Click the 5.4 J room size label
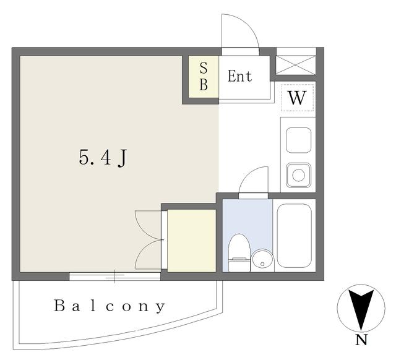coord(103,158)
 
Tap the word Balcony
coord(110,306)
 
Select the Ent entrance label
coord(239,76)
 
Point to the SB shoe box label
coord(204,76)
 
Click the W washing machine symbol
coord(297,98)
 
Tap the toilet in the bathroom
coord(239,253)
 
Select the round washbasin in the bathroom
coord(262,261)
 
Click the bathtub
coord(295,236)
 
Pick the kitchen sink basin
coord(298,140)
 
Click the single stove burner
coord(298,175)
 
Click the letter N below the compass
coord(361,340)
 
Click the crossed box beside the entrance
coord(296,65)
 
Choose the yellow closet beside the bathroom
coord(191,241)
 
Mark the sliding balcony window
coord(114,276)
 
